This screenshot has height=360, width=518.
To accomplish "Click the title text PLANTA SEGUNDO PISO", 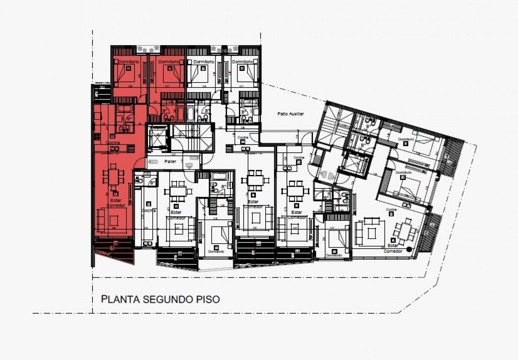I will click(x=160, y=299).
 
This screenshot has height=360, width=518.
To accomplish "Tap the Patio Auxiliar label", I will click(x=291, y=114).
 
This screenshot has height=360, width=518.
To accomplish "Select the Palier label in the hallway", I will click(x=170, y=161).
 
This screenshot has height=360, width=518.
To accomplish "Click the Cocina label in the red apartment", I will click(x=113, y=143).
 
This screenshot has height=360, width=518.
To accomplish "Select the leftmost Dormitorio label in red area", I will click(x=128, y=62).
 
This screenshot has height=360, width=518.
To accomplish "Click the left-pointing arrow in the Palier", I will click(x=153, y=162).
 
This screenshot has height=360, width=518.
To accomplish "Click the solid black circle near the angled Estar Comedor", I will click(x=409, y=249).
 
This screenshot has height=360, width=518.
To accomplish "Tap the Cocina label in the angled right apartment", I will click(x=391, y=210).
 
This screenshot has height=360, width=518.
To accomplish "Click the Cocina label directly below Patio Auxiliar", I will click(x=243, y=138).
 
